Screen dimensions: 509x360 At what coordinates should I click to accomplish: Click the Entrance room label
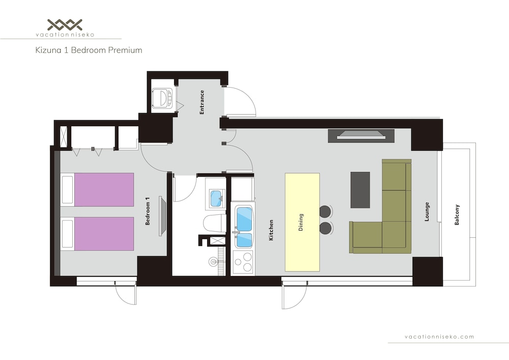[x=202, y=102]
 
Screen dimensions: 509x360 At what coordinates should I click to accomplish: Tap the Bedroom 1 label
[x=148, y=211]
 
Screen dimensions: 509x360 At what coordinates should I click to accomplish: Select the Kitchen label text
[x=271, y=230]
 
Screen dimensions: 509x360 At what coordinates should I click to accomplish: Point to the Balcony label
[x=457, y=215]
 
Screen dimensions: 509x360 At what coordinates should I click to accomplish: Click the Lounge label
[x=427, y=212]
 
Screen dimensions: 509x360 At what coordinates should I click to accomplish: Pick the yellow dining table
[x=302, y=222]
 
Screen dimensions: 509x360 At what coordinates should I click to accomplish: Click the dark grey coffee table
[x=360, y=190]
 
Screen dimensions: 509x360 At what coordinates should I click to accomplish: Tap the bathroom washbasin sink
[x=216, y=198]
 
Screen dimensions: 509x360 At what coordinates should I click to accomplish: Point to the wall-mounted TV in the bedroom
[x=162, y=216]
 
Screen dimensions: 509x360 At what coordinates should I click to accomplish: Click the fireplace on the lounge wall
[x=361, y=135]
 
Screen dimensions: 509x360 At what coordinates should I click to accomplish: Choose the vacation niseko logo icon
[x=65, y=24]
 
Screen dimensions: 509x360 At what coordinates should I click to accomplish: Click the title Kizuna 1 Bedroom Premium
[x=89, y=50]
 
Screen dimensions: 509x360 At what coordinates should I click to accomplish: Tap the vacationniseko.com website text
[x=439, y=337]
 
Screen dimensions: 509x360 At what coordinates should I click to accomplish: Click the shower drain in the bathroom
[x=213, y=261]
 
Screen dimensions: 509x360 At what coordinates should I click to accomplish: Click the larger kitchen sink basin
[x=245, y=219]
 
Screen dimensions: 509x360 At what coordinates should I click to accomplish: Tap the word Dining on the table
[x=301, y=222]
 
